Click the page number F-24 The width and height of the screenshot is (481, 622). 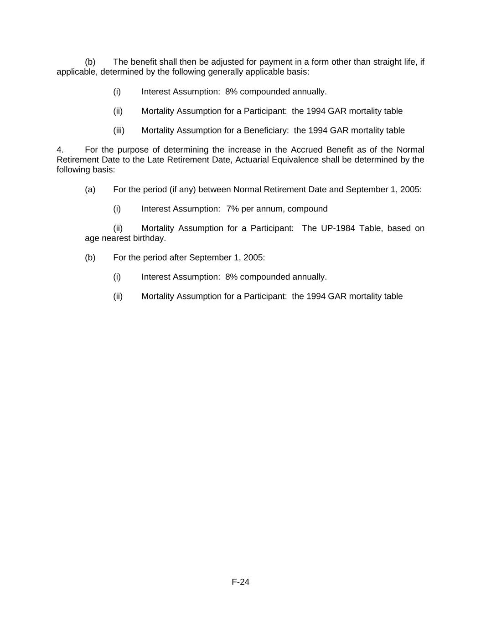[x=240, y=582]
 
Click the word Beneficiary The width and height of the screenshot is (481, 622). [x=266, y=130]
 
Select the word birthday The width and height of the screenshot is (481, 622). [x=149, y=238]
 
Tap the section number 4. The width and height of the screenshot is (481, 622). [x=60, y=150]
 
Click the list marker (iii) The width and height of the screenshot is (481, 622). [x=119, y=130]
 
